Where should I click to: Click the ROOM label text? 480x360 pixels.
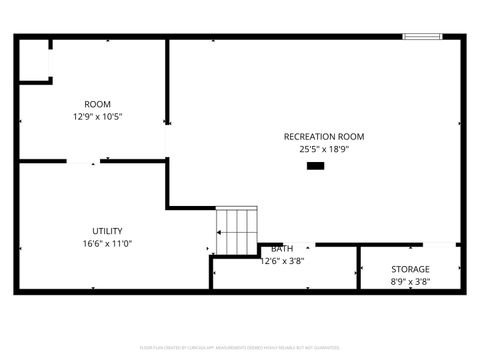coord(97,104)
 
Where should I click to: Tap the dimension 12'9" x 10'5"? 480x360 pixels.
coord(97,116)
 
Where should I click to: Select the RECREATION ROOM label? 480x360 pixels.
coord(324,137)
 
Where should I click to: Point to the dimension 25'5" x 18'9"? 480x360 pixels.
coord(324,149)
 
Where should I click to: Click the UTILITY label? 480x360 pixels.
coord(107,231)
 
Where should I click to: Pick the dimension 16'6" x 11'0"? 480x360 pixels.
coord(107,243)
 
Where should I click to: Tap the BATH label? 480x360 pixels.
coord(282,249)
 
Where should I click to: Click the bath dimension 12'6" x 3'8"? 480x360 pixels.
coord(282,261)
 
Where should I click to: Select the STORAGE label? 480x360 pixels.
coord(410,269)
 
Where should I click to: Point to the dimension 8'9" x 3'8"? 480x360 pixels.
coord(410,282)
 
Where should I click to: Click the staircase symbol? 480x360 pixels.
coord(237,230)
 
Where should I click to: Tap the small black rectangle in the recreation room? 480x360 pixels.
coord(315,166)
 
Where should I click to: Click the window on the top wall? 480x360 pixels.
coord(423,37)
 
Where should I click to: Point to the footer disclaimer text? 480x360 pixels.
coord(240,347)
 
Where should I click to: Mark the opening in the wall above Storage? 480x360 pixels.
coord(440,244)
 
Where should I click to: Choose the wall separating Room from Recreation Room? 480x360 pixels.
coord(167,100)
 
